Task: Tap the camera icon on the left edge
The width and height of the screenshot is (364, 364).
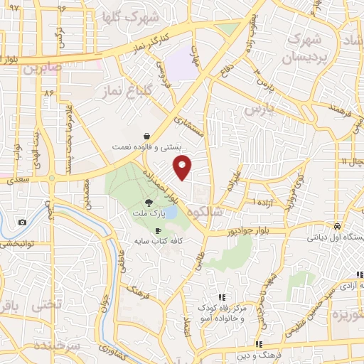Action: point(23,223)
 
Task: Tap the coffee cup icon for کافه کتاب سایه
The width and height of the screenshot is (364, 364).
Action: point(158,230)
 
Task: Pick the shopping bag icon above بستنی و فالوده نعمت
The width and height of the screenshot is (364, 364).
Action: point(146,135)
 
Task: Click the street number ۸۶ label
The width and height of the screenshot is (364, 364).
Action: point(49,93)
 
